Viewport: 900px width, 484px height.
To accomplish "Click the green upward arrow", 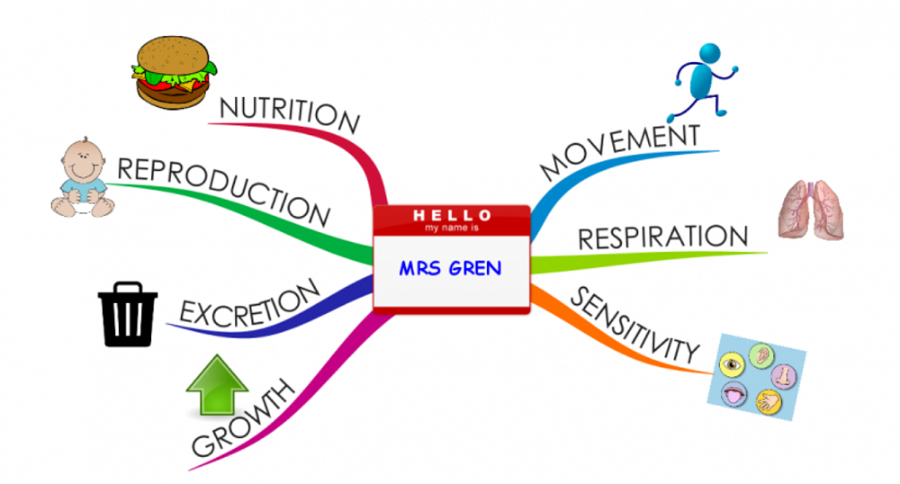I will (x=216, y=386).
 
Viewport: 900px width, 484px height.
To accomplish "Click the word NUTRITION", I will (x=290, y=116).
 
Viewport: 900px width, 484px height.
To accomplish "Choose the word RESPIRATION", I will (x=662, y=238).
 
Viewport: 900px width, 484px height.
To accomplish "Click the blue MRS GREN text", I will (x=451, y=268).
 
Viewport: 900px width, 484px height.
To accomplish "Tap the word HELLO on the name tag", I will (x=452, y=216).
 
